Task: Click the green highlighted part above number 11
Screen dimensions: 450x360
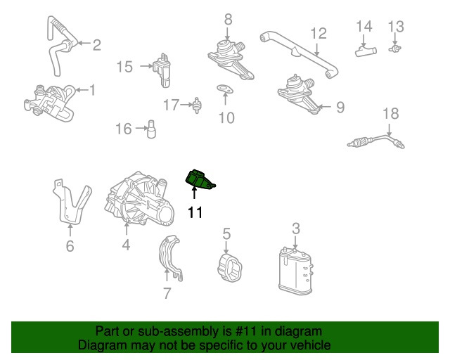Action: coord(198,180)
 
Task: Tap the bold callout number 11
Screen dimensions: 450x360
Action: coord(195,213)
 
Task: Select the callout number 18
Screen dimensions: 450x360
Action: coord(391,114)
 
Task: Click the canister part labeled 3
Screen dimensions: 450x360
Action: coord(295,271)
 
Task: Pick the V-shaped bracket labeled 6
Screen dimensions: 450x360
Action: coord(72,202)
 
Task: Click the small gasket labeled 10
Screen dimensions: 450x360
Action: coord(225,89)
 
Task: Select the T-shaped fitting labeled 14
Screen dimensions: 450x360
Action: coord(366,51)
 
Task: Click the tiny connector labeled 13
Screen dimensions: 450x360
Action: coord(395,49)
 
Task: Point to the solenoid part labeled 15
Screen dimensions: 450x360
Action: coord(162,70)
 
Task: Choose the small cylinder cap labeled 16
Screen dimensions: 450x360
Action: coord(151,129)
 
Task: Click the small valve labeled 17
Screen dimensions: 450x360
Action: coord(197,105)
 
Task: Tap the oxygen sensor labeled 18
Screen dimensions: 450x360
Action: coord(375,141)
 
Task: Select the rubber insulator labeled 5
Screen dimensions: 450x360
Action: coord(230,268)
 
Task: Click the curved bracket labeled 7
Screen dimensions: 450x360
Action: coord(170,258)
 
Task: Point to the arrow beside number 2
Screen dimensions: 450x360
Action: coord(84,43)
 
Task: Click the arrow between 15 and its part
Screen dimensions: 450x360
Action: coord(146,66)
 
